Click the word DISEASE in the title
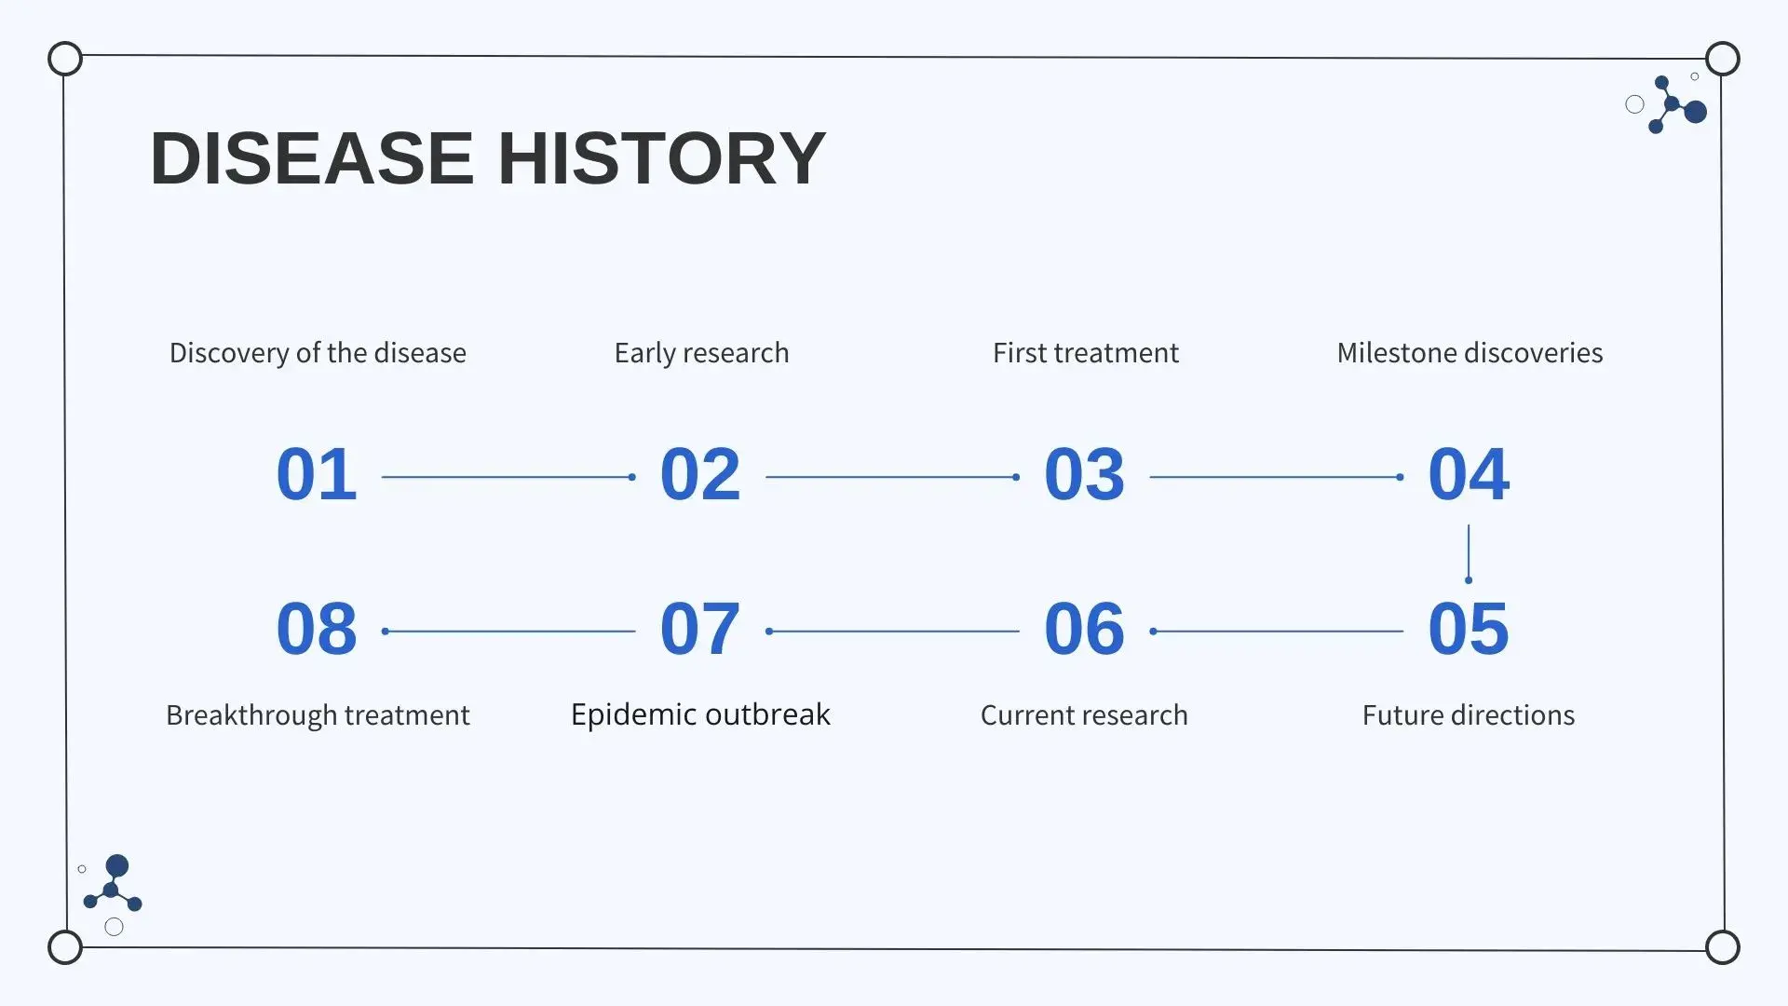312,158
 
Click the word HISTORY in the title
662,158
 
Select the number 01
317,474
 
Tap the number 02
700,474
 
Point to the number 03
1085,474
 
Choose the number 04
1469,474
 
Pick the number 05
1469,629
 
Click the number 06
1085,629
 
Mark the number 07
700,629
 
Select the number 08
317,629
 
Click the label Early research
701,353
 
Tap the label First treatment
1086,353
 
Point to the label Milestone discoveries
1470,353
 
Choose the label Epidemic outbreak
700,714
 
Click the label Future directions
1469,714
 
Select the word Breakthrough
251,715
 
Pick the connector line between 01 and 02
508,477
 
